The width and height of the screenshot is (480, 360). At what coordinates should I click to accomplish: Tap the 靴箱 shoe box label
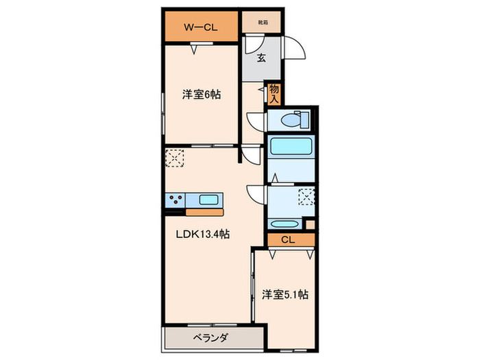click(263, 22)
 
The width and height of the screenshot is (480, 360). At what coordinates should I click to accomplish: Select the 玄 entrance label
click(261, 58)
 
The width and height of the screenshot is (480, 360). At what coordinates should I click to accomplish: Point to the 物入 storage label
click(274, 93)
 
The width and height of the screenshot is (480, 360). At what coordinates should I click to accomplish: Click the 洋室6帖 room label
click(202, 96)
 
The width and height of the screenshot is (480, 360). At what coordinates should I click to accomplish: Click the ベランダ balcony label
click(210, 337)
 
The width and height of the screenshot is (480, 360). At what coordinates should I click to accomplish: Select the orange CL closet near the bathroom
click(288, 239)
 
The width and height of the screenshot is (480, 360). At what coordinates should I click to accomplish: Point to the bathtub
click(291, 146)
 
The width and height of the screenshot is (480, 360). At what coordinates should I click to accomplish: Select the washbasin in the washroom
click(283, 224)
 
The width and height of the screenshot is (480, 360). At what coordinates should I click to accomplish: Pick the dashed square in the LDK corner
click(174, 159)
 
